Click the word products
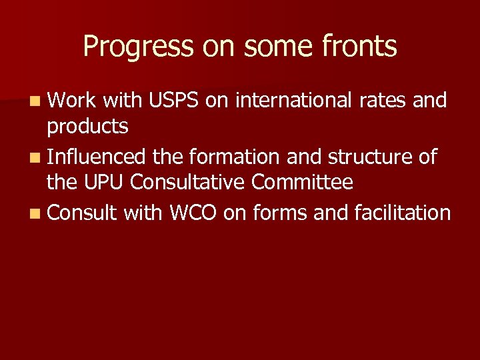[x=87, y=125]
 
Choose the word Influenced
[x=97, y=157]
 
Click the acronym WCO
[x=193, y=213]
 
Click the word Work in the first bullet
[x=73, y=101]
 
